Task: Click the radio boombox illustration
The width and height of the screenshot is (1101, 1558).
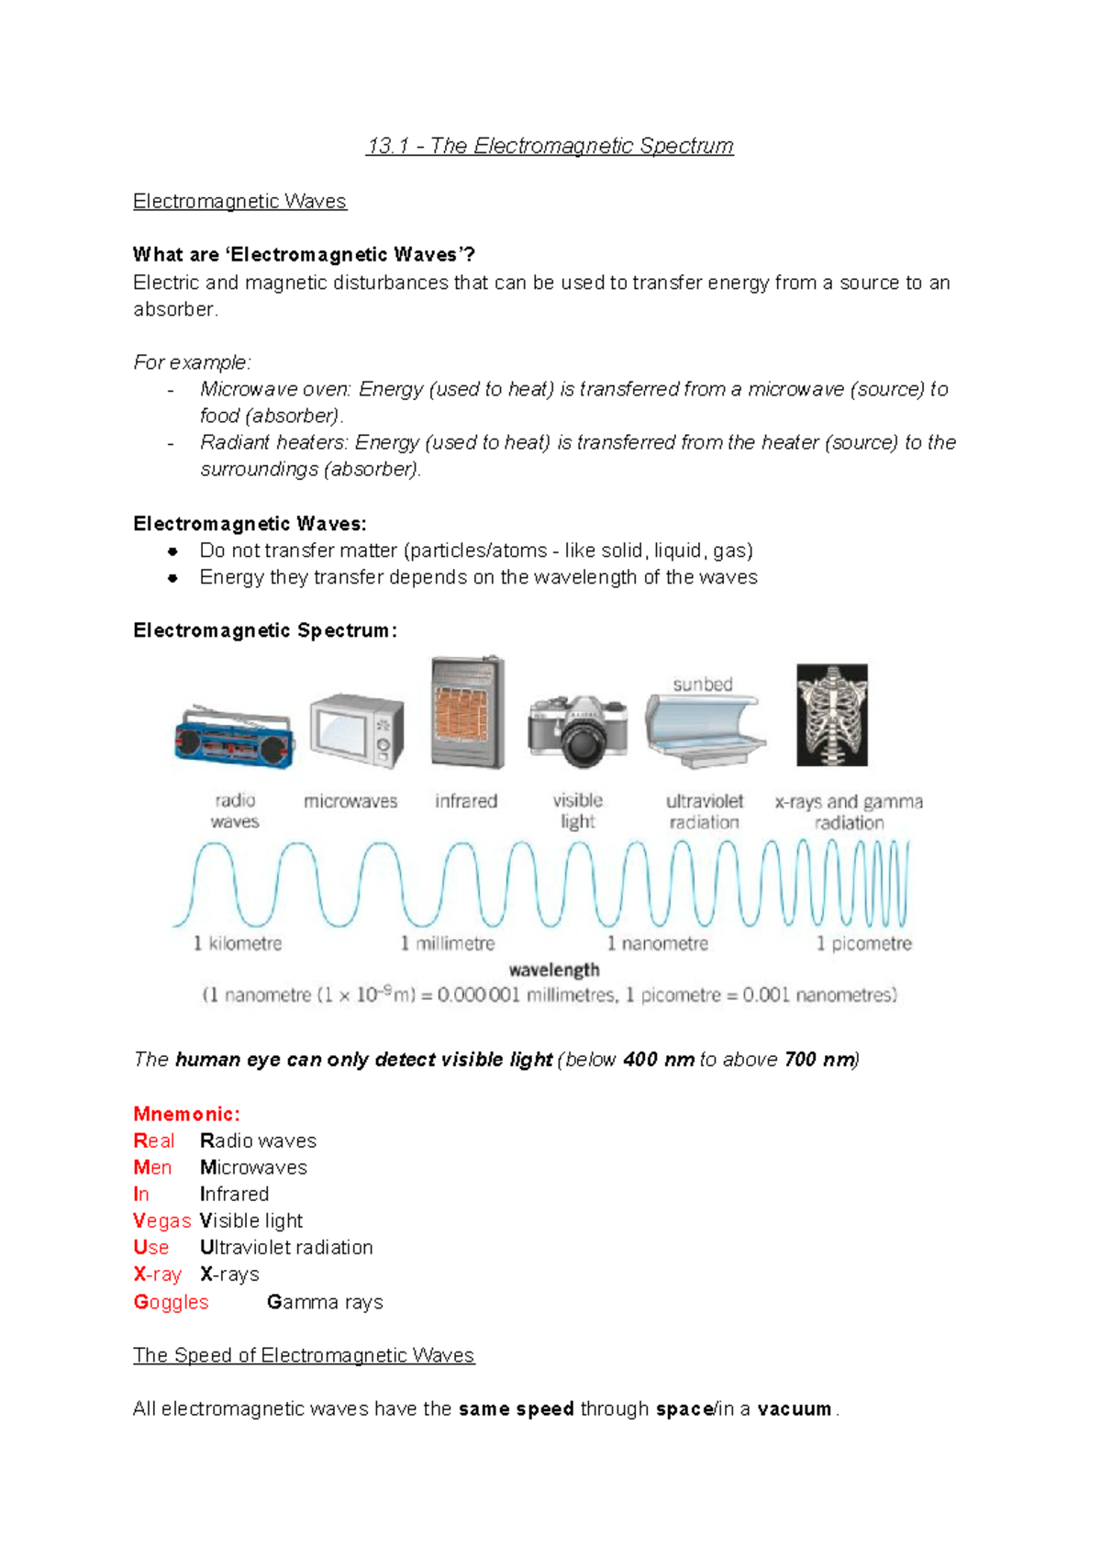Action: coord(235,739)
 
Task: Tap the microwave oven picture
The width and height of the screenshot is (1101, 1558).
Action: coord(356,731)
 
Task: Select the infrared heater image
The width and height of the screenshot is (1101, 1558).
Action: coord(468,713)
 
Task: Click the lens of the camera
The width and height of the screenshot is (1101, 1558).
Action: coord(582,741)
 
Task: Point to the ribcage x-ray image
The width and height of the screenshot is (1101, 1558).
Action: coord(831,716)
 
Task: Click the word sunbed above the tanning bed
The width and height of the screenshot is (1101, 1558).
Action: coord(703,684)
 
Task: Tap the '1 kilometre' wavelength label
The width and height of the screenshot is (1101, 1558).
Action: coord(238,943)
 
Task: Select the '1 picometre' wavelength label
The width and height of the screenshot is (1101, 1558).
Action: coord(864,943)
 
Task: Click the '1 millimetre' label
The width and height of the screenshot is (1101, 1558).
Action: coord(448,943)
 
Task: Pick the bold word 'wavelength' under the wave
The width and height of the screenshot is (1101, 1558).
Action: coord(554,970)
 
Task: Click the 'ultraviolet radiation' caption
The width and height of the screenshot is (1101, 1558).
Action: coord(705,811)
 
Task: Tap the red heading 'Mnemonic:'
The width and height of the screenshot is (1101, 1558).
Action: coord(186,1114)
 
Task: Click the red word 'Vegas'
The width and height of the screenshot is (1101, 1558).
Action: coord(161,1221)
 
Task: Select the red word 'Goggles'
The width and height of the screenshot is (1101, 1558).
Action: coord(172,1302)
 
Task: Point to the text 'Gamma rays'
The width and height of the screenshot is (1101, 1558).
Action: coord(325,1302)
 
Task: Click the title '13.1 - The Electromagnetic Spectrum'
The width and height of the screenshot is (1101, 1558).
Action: coord(550,146)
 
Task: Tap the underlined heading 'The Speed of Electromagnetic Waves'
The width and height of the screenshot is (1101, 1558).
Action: coord(304,1355)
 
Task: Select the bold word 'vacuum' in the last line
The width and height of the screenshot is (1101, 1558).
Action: coord(795,1408)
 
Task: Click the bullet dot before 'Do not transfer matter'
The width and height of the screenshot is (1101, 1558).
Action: coord(172,551)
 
